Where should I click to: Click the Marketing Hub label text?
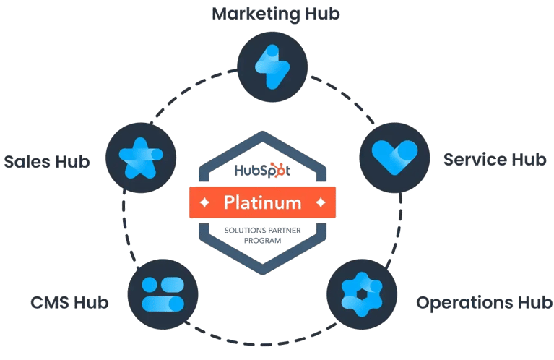(x=275, y=14)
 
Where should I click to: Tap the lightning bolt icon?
(x=273, y=64)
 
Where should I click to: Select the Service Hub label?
(x=495, y=159)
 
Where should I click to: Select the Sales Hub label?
(x=47, y=160)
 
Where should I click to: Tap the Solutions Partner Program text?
(x=263, y=234)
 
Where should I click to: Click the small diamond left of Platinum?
(x=204, y=202)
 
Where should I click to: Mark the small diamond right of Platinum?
(x=321, y=202)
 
